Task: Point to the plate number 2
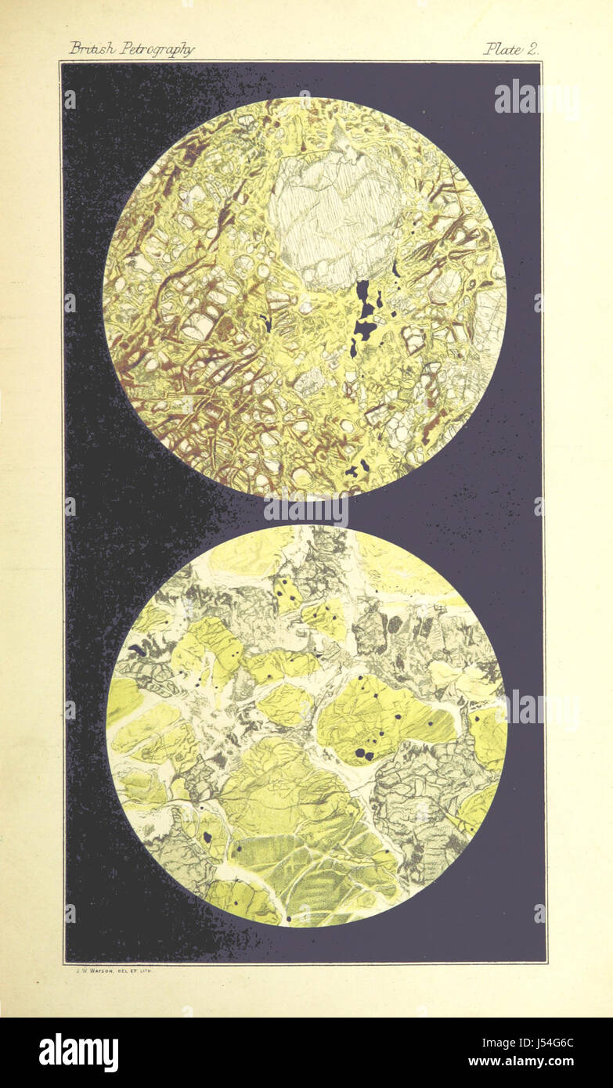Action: click(x=532, y=49)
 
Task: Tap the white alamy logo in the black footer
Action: click(x=78, y=1052)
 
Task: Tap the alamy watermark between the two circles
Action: click(x=306, y=510)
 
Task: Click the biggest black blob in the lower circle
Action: click(x=362, y=753)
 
